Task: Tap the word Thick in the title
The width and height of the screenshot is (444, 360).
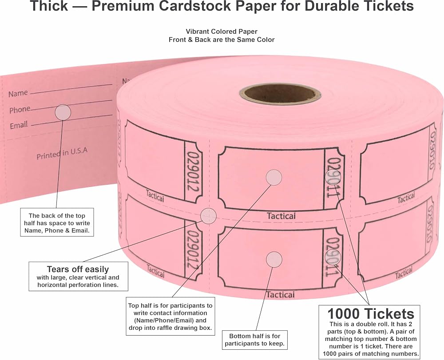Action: (x=49, y=6)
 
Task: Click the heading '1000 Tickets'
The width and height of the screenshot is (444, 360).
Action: (x=371, y=314)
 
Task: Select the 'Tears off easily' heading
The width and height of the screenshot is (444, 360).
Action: (x=78, y=269)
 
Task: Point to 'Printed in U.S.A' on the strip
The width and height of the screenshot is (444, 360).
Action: (x=62, y=153)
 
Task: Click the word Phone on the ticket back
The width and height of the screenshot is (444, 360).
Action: (x=20, y=110)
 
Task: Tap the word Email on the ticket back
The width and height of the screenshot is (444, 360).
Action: (x=19, y=125)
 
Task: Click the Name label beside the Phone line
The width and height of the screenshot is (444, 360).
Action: (x=18, y=93)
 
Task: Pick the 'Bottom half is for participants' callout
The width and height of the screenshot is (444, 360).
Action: (x=254, y=340)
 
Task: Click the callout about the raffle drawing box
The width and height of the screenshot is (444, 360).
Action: (x=170, y=316)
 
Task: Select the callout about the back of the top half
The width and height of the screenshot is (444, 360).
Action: (x=57, y=223)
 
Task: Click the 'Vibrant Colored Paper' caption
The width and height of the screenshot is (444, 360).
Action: (x=222, y=32)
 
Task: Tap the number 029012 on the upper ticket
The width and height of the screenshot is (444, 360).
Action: (x=194, y=171)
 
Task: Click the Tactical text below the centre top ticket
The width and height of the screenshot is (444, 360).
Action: (x=281, y=216)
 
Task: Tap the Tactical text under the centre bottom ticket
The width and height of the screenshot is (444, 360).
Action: (x=280, y=295)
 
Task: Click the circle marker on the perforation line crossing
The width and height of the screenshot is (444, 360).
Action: (x=208, y=216)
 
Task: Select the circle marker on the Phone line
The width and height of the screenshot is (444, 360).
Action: (x=63, y=112)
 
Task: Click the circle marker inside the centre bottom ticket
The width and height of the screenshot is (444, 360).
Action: (x=274, y=259)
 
